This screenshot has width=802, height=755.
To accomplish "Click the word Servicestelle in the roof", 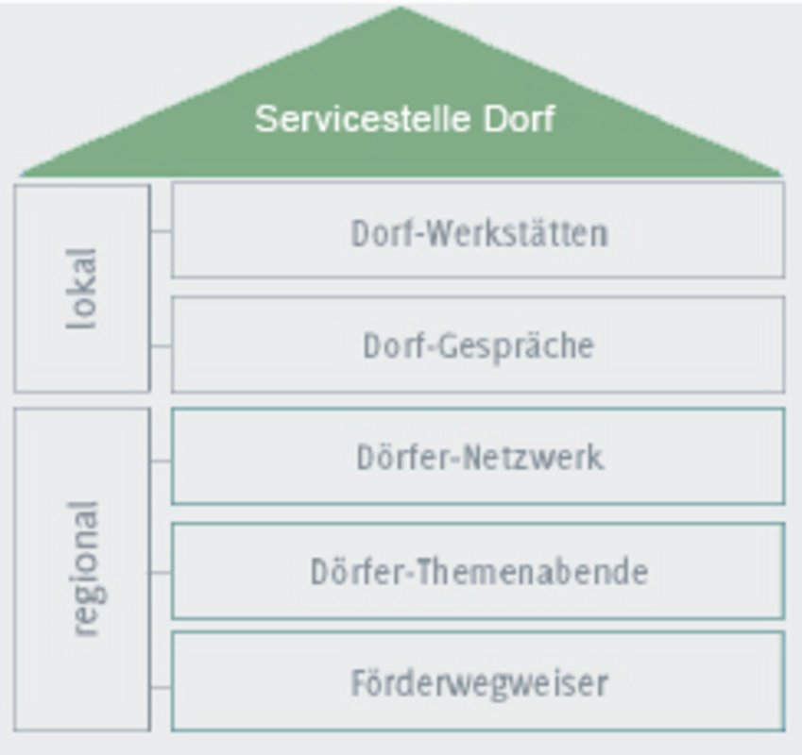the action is pos(363,119).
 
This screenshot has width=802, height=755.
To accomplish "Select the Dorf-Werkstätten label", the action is pos(479,233).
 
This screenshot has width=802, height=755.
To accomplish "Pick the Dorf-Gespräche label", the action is pos(479,346).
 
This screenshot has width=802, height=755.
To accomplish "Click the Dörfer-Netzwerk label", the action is pos(480,457).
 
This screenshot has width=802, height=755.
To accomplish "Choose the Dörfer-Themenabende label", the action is pos(479,571).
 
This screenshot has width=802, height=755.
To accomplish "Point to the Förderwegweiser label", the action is pos(480,683).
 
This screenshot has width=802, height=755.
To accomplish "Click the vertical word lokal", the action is pos(82,289).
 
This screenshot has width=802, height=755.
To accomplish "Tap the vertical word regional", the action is pos(85,569).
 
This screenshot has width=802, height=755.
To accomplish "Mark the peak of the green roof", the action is pos(401,8).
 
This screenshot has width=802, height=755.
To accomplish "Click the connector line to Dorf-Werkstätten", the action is pos(162,232).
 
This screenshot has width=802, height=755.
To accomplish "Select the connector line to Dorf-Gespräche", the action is pos(162,346).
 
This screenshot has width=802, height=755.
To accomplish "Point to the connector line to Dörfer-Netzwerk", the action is pos(162,461).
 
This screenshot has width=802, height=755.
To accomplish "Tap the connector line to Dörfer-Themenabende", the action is pos(160,573).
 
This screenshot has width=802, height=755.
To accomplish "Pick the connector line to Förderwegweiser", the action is pos(162,688).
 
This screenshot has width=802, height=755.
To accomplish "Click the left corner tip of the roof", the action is pos(22,176).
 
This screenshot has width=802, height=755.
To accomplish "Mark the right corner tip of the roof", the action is pos(781,176).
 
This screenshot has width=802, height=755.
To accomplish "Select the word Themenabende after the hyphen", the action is pos(533,571).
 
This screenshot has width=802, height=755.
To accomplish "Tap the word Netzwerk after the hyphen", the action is pos(534,457).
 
